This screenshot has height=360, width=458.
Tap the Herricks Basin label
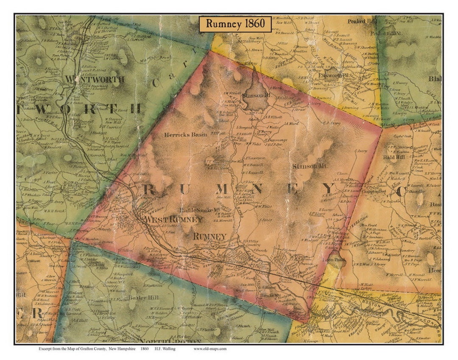click(186, 135)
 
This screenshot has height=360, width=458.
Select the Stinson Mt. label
click(309, 166)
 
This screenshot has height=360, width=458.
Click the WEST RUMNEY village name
click(173, 219)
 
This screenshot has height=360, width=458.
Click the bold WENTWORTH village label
click(100, 79)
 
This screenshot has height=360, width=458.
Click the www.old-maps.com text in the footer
click(210, 349)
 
